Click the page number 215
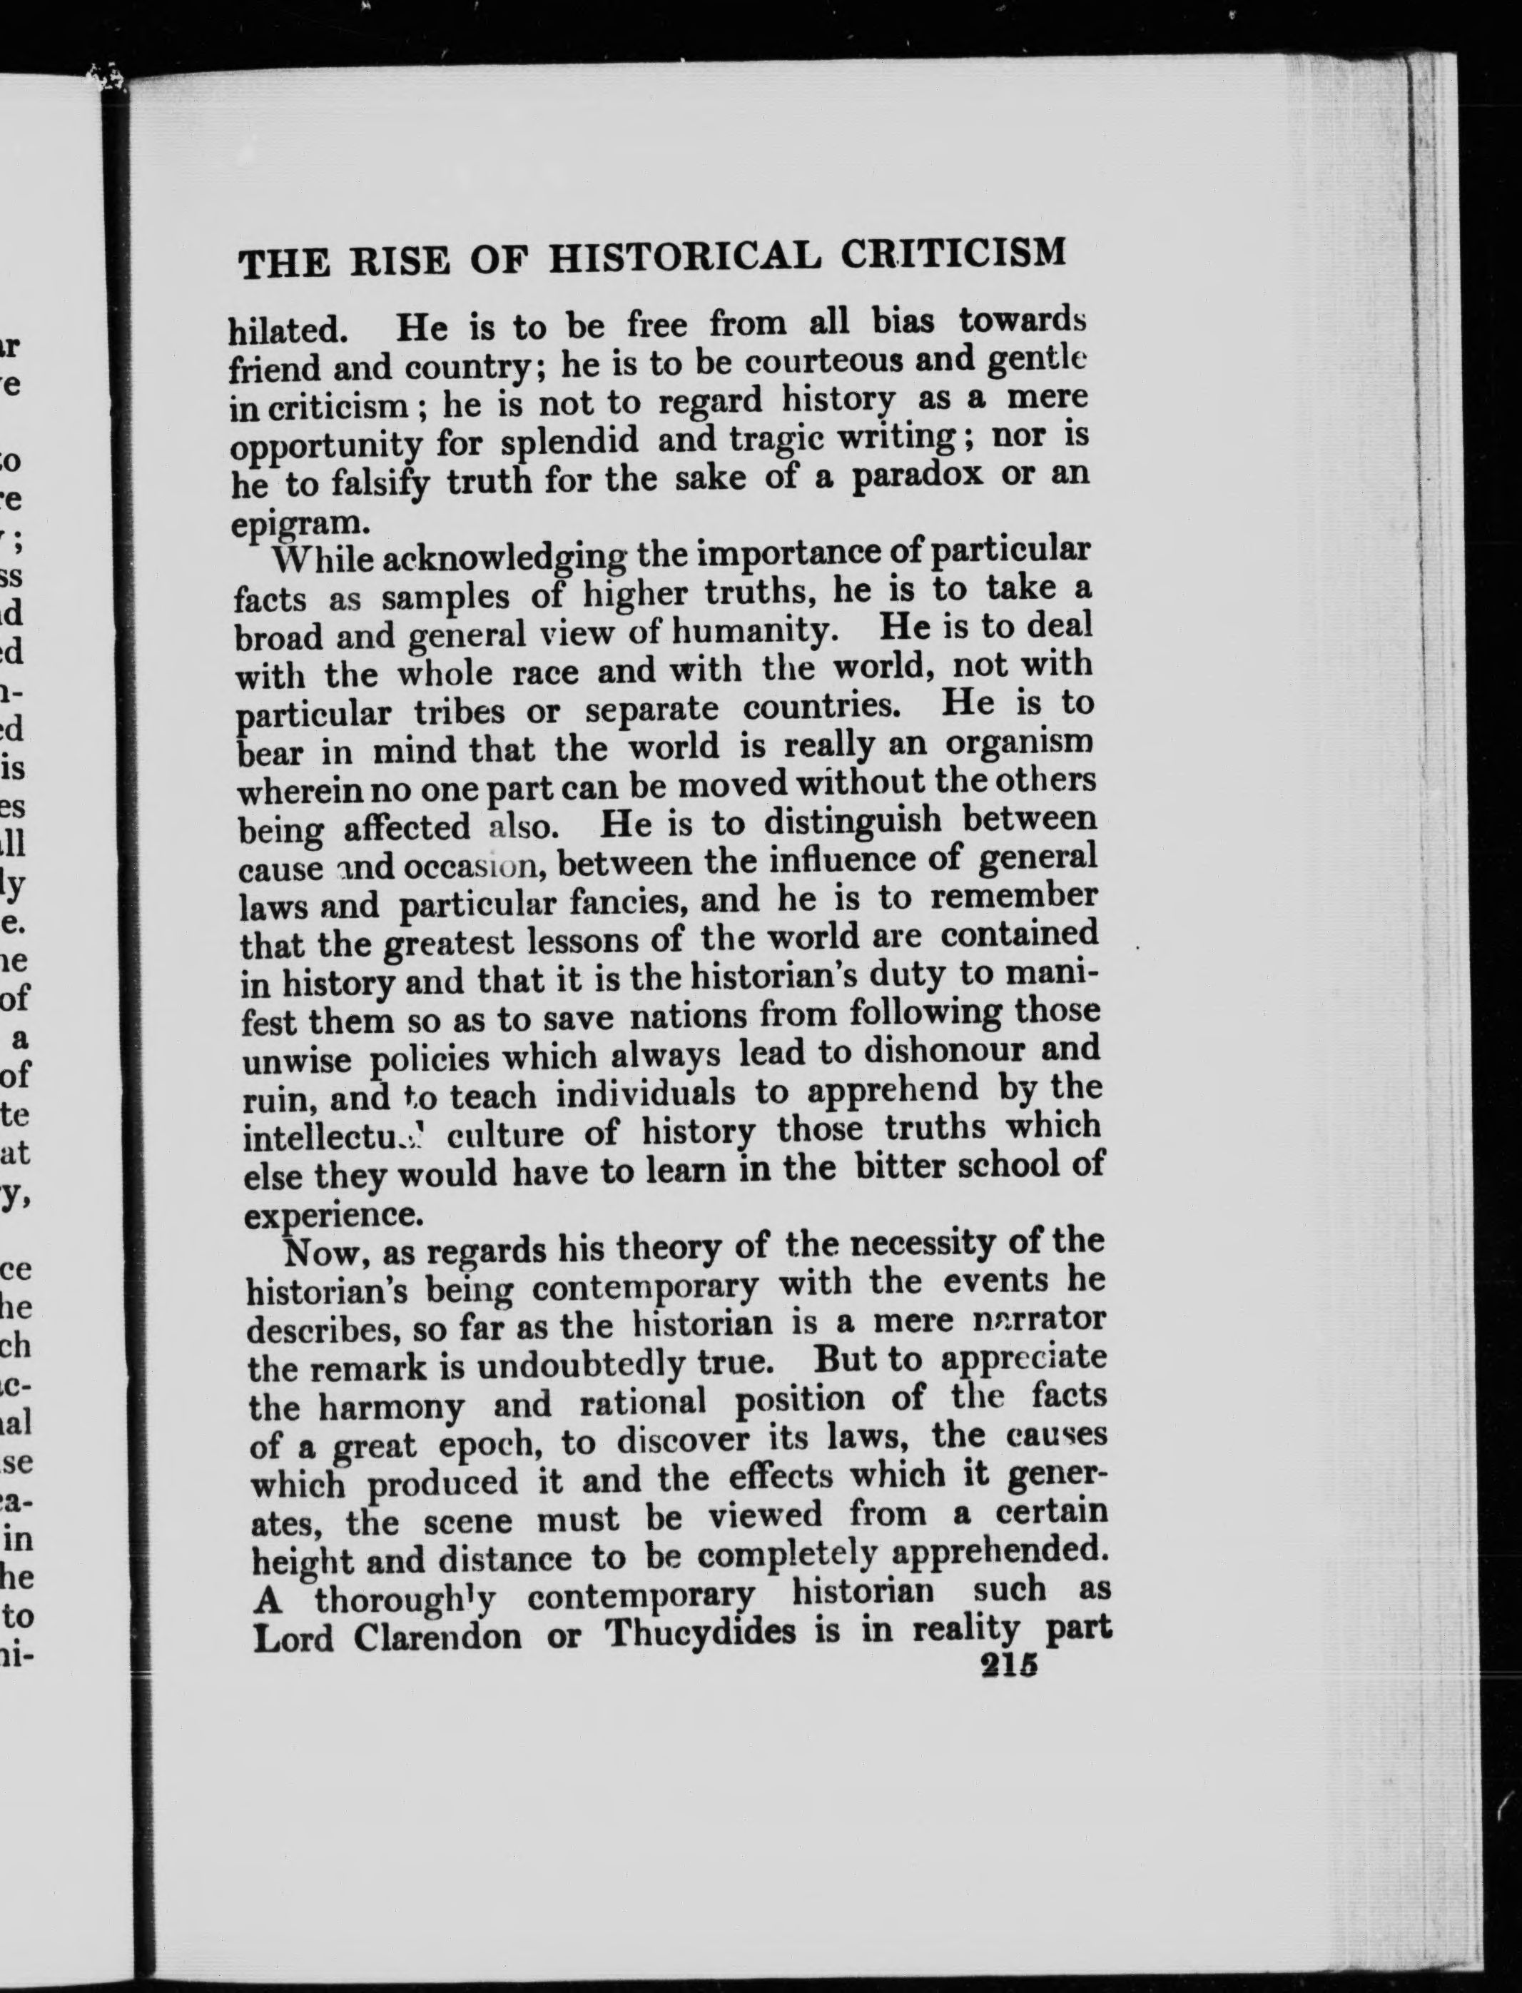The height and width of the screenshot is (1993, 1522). point(1008,1668)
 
